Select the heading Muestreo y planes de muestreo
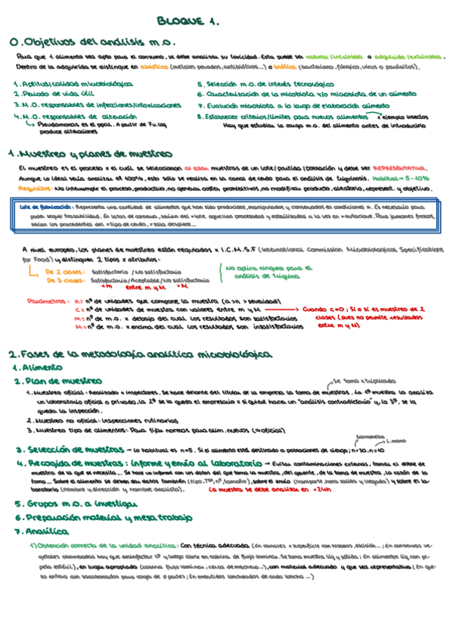pos(96,152)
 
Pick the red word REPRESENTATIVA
pos(399,167)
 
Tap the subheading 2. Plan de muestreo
pos(57,381)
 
